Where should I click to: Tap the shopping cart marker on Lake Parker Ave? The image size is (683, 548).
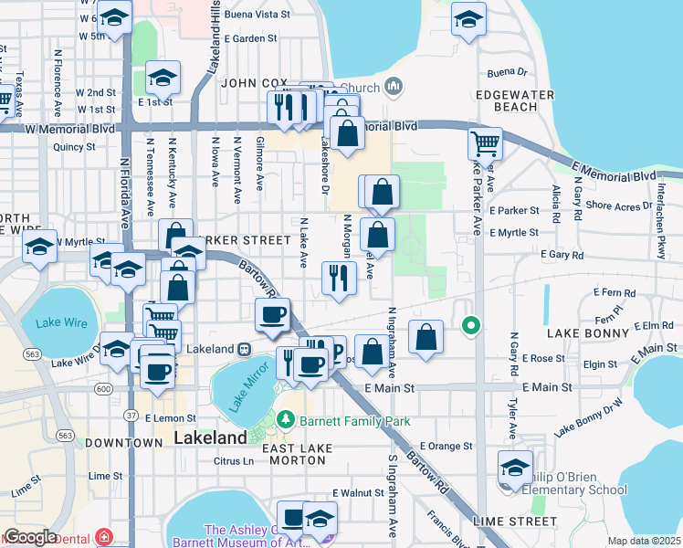[x=485, y=142]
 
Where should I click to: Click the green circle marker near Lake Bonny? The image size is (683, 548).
[x=471, y=324]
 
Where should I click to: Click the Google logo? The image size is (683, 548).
[x=30, y=537]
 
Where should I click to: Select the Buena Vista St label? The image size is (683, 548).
[x=257, y=16]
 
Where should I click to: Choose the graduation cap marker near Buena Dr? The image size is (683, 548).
[x=468, y=18]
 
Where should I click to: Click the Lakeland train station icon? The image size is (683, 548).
[x=245, y=349]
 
